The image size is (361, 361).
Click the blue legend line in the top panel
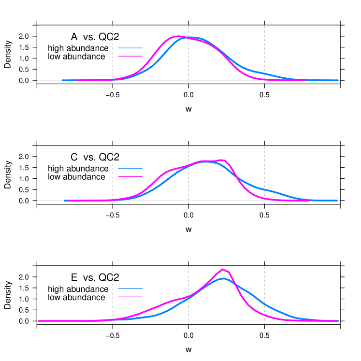point(130,48)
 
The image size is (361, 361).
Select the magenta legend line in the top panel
point(130,56)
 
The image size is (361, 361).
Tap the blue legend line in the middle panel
point(130,168)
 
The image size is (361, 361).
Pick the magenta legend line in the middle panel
point(130,176)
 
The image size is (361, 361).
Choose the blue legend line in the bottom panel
point(130,289)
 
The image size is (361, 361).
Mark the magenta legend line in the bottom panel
point(130,297)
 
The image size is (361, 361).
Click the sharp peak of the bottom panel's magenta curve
point(222,269)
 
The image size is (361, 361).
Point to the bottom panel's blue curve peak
point(222,278)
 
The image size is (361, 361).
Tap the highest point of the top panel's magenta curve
point(176,36)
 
